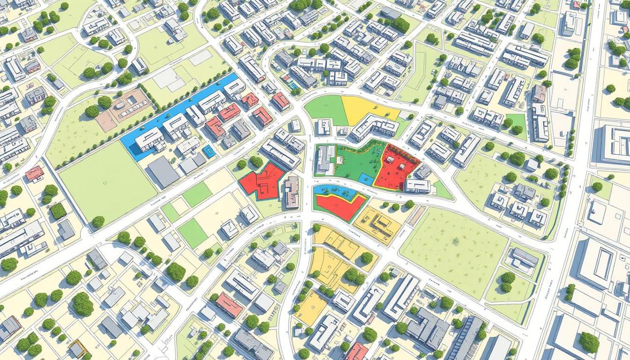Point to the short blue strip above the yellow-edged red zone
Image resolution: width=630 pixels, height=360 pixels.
pyautogui.click(x=327, y=190)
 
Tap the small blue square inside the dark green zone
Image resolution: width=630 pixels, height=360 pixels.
pyautogui.click(x=365, y=179)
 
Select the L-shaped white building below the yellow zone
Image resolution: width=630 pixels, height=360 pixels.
pyautogui.click(x=374, y=127)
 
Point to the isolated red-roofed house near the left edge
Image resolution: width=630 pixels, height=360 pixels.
pyautogui.click(x=34, y=173)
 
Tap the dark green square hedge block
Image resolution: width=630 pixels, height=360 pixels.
pyautogui.click(x=58, y=211)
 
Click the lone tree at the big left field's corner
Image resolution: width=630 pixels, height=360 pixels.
pyautogui.click(x=98, y=222)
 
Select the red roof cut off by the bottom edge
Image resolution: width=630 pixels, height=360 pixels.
pyautogui.click(x=357, y=352)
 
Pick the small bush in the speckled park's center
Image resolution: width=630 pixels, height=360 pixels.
pyautogui.click(x=455, y=241)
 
